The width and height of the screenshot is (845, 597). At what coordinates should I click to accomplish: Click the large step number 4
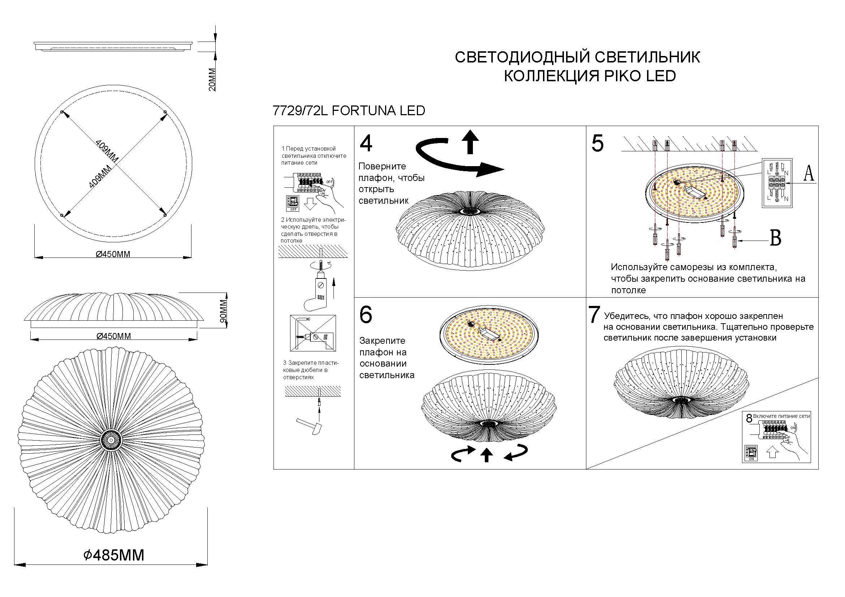[366, 143]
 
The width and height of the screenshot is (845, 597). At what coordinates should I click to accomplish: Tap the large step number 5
[597, 143]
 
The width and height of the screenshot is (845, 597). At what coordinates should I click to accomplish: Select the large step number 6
[366, 315]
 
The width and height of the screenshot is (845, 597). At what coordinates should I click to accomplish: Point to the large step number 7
[594, 315]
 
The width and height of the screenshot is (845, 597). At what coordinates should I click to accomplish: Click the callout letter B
[776, 238]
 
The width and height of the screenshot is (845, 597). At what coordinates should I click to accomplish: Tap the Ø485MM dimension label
[114, 555]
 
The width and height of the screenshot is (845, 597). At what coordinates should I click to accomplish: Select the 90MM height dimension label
[223, 311]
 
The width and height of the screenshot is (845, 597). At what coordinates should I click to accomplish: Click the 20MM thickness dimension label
[212, 79]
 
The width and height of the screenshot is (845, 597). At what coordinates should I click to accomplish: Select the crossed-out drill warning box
[313, 333]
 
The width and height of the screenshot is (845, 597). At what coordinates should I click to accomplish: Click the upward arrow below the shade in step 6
[487, 455]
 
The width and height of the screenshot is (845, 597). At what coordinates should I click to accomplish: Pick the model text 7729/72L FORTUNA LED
[349, 111]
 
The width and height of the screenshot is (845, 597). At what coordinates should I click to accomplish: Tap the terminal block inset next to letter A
[777, 183]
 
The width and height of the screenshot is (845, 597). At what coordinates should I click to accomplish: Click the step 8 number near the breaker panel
[749, 419]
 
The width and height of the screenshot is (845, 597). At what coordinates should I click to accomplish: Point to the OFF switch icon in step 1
[293, 203]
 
